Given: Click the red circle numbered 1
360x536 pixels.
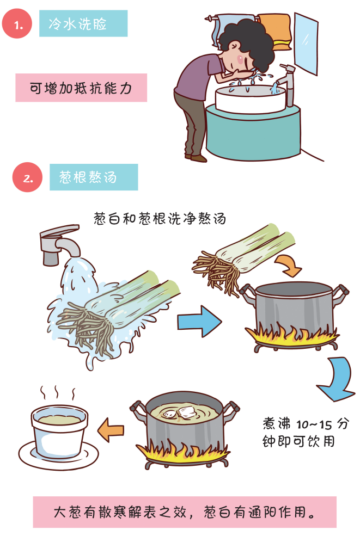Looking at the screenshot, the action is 17,23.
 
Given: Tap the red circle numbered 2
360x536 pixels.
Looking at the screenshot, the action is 27,177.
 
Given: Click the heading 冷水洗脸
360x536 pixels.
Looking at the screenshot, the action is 83,23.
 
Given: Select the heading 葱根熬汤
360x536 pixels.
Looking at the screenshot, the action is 94,177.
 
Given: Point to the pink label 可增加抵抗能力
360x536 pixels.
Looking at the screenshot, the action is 81,88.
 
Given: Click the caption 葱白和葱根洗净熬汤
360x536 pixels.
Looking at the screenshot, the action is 160,218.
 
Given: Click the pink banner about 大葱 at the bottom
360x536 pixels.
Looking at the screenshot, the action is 185,512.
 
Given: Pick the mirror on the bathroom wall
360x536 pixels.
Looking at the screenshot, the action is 306,43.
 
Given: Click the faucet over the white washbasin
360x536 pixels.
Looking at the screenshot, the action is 287,84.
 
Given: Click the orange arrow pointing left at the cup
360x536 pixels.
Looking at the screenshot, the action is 111,430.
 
